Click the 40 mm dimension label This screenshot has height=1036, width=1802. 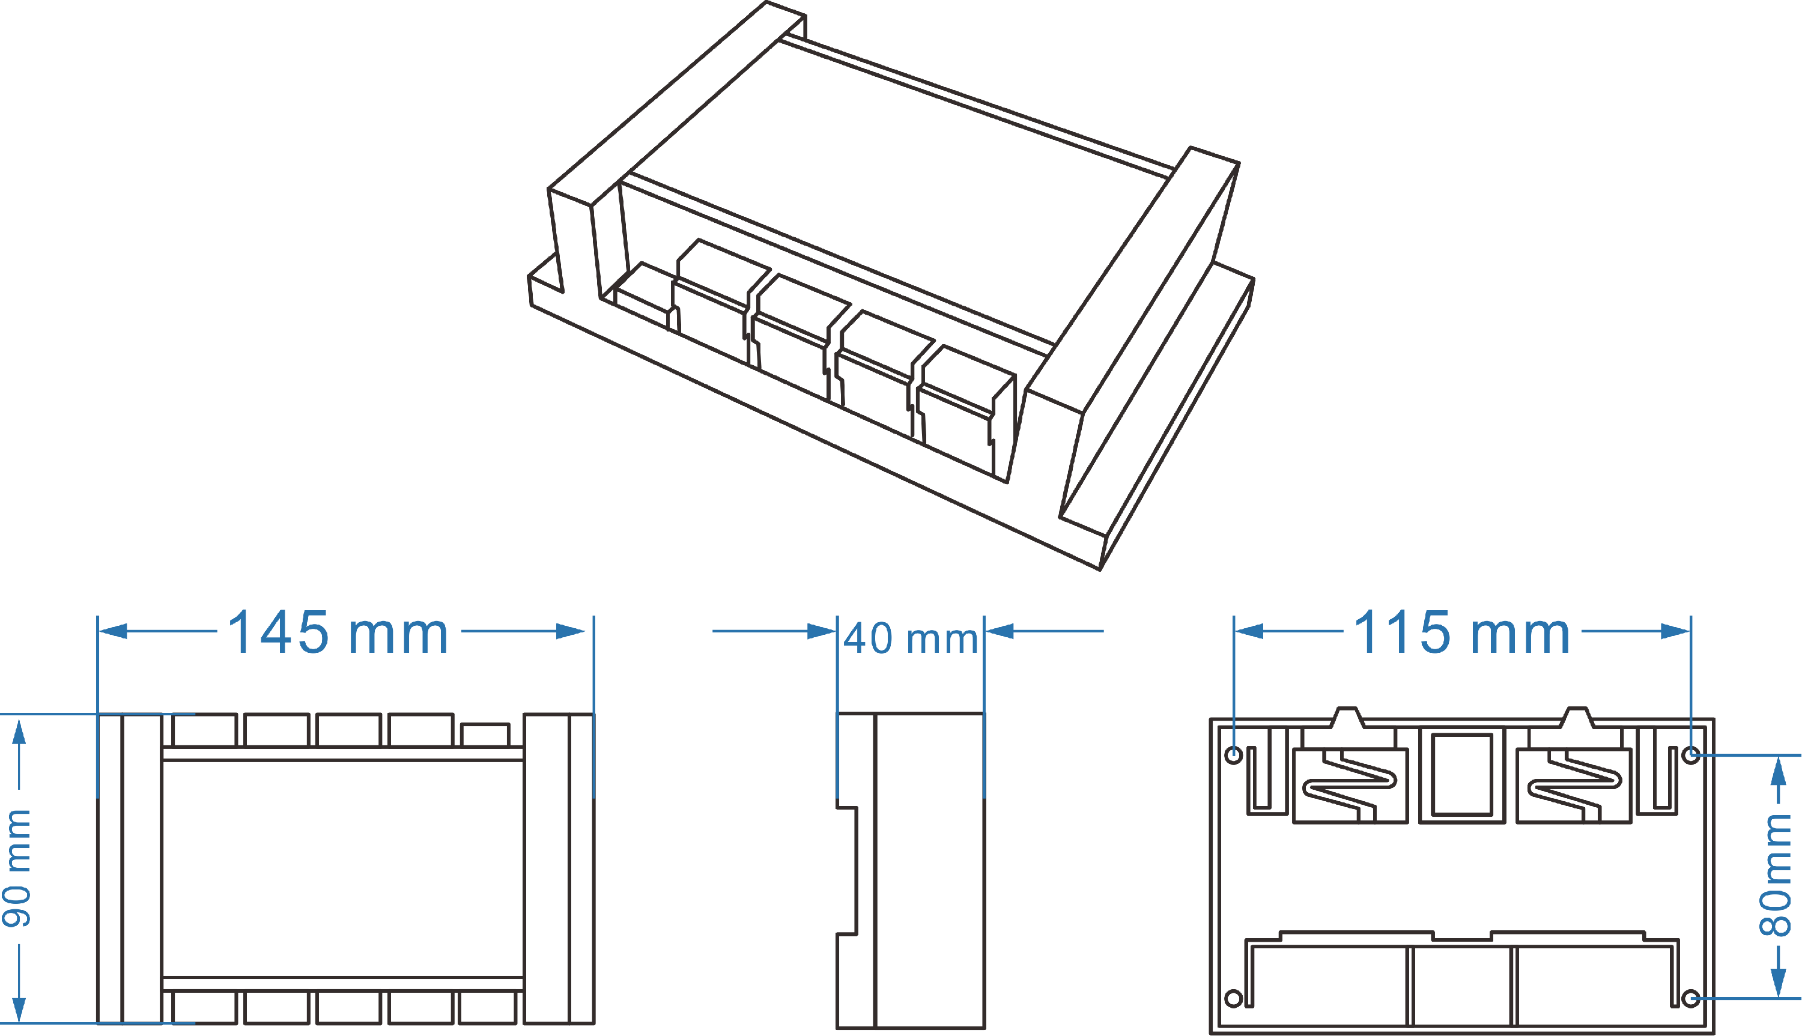pyautogui.click(x=910, y=638)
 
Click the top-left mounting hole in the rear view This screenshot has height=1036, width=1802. pyautogui.click(x=1234, y=754)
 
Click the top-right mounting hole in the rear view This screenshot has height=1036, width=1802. pyautogui.click(x=1691, y=754)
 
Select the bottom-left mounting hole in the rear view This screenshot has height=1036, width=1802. pyautogui.click(x=1234, y=998)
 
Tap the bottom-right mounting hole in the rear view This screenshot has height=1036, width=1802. pyautogui.click(x=1691, y=998)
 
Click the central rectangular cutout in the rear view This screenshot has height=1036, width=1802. pyautogui.click(x=1462, y=774)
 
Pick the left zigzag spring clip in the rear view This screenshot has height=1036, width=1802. pyautogui.click(x=1349, y=784)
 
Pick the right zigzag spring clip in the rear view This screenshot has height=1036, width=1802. pyautogui.click(x=1574, y=784)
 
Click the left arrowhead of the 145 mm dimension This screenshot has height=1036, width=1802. pyautogui.click(x=112, y=631)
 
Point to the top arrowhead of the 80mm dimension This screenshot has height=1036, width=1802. pyautogui.click(x=1779, y=770)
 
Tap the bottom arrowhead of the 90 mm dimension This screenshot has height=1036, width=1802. pyautogui.click(x=19, y=1009)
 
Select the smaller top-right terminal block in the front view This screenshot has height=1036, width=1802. pyautogui.click(x=485, y=735)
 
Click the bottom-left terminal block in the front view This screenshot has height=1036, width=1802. pyautogui.click(x=204, y=1008)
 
